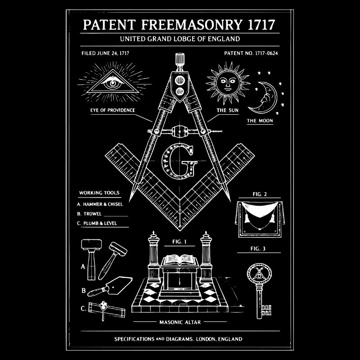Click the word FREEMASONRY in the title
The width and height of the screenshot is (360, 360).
pos(192,25)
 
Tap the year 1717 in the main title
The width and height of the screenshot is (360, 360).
pos(261,25)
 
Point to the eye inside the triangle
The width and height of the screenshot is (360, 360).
pos(113,83)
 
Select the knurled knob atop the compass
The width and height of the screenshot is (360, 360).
pos(180,59)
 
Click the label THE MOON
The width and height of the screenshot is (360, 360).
pos(260,121)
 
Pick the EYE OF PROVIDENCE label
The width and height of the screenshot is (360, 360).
pos(112,110)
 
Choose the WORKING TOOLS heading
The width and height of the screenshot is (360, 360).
pos(99,193)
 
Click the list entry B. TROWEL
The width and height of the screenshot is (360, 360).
pos(89,214)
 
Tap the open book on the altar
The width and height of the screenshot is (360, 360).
pos(180,260)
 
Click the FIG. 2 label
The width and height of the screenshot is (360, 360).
pos(260,194)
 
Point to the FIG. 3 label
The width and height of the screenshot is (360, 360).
pos(258,249)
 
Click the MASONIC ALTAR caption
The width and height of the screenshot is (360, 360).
pos(180,322)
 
